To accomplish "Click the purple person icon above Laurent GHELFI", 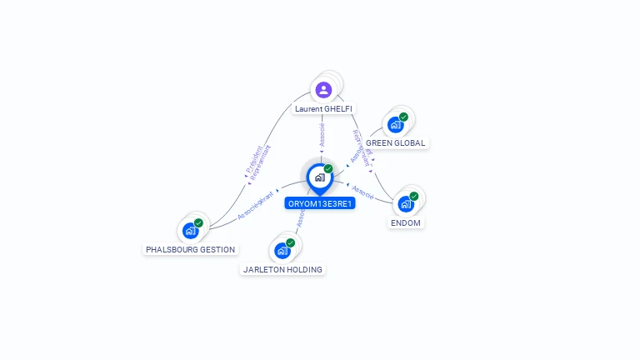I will click(x=323, y=89).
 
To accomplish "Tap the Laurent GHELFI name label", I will click(x=323, y=109).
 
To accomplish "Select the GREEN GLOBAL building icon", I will click(x=395, y=125).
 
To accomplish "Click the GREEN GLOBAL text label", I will click(x=396, y=143).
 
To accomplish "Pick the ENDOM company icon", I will click(x=406, y=204).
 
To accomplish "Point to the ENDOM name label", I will click(x=406, y=222).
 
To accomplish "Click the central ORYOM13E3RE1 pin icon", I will click(x=319, y=177).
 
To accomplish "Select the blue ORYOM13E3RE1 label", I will click(x=320, y=203).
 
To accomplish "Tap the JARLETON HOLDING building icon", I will click(x=282, y=250).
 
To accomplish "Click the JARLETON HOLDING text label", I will click(x=282, y=269).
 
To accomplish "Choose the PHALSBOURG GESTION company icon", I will click(x=191, y=230).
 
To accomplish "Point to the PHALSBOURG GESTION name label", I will click(x=191, y=249).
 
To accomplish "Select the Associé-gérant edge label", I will click(x=255, y=205).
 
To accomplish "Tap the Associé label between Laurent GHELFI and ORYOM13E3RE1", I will click(x=322, y=134).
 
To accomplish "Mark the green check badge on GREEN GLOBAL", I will click(x=403, y=117).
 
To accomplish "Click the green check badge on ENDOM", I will click(x=414, y=197).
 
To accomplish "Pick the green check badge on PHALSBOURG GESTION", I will click(x=199, y=222).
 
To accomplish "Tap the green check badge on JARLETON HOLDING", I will click(x=291, y=242).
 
